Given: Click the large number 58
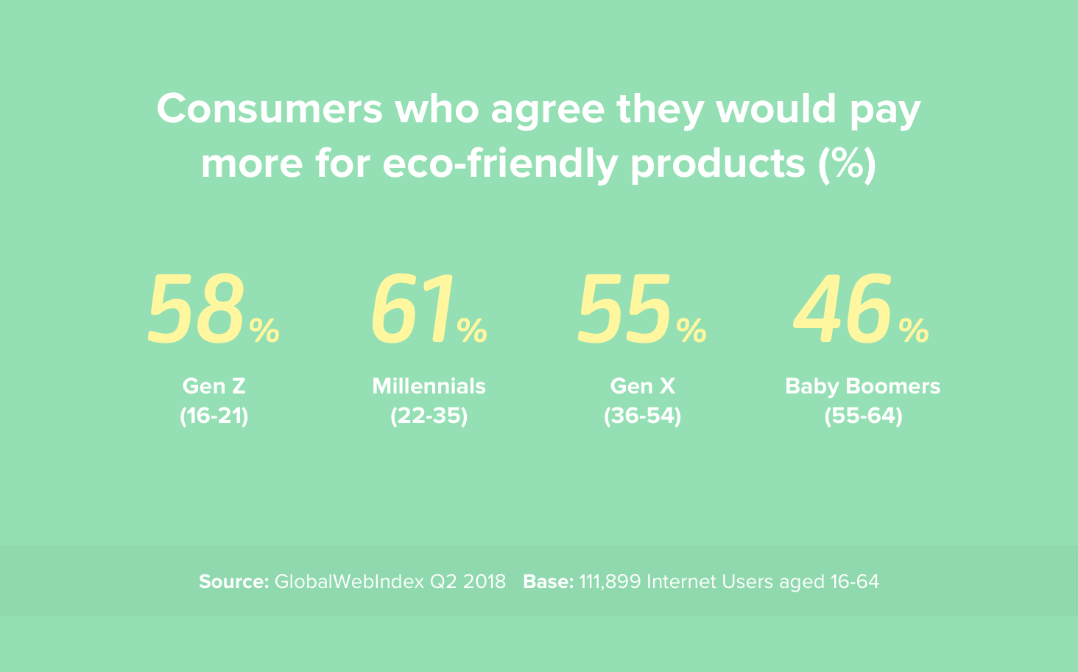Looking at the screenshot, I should pos(197,309).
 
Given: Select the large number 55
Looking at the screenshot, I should pos(625,309).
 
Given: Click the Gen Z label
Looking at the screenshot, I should pos(214,386).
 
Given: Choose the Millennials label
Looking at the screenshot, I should pos(429,386).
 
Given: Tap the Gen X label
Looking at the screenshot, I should pos(642,386).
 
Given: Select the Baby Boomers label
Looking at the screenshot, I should pos(863,386).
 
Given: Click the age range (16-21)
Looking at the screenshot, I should pos(214,416).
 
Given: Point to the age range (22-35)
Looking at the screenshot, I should pos(429,416).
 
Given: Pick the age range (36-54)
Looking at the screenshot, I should pos(642,416).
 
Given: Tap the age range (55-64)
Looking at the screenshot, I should pos(863,416).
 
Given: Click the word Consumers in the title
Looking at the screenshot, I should pos(269,110).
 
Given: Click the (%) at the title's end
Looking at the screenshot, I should pos(847,164).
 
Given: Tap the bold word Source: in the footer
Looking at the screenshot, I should pos(233,582).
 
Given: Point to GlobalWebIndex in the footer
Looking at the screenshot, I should pos(349,582).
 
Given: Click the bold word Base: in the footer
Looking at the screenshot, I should pos(548,582).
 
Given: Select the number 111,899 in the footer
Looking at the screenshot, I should pos(610,582).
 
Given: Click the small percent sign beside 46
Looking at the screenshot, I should pos(914,331).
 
